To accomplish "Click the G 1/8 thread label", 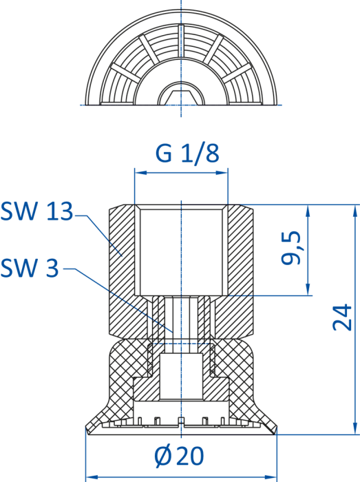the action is pyautogui.click(x=187, y=154).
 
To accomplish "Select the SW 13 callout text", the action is pyautogui.click(x=37, y=211).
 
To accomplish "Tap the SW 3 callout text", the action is pyautogui.click(x=30, y=268).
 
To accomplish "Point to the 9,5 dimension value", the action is pyautogui.click(x=290, y=247).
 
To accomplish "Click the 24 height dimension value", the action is pyautogui.click(x=342, y=317).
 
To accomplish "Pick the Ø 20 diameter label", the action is pyautogui.click(x=179, y=456).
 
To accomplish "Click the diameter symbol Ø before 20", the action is pyautogui.click(x=162, y=456).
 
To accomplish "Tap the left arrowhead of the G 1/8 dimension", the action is pyautogui.click(x=140, y=173).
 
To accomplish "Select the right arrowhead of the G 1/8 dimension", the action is pyautogui.click(x=222, y=173).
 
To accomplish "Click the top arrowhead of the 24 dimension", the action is pyautogui.click(x=355, y=211).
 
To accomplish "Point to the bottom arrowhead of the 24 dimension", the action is pyautogui.click(x=355, y=429).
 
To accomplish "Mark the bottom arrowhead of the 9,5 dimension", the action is pyautogui.click(x=308, y=290).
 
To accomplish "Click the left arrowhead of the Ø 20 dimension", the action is pyautogui.click(x=92, y=476).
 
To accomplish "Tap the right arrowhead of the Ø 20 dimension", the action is pyautogui.click(x=271, y=476).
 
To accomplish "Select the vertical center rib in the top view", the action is pyautogui.click(x=181, y=41).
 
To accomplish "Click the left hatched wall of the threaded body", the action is pyautogui.click(x=123, y=271).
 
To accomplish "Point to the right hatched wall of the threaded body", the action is pyautogui.click(x=241, y=271).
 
